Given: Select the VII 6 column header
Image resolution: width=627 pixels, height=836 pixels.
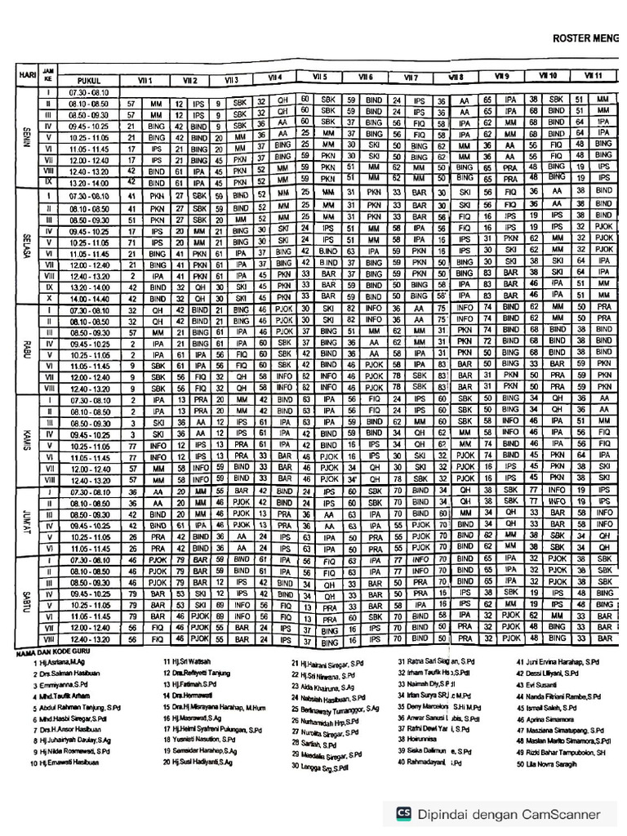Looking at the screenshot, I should (x=365, y=77).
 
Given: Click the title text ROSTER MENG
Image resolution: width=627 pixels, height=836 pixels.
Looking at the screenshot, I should (x=585, y=38).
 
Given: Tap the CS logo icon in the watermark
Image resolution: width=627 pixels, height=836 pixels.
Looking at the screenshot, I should (x=402, y=812).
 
